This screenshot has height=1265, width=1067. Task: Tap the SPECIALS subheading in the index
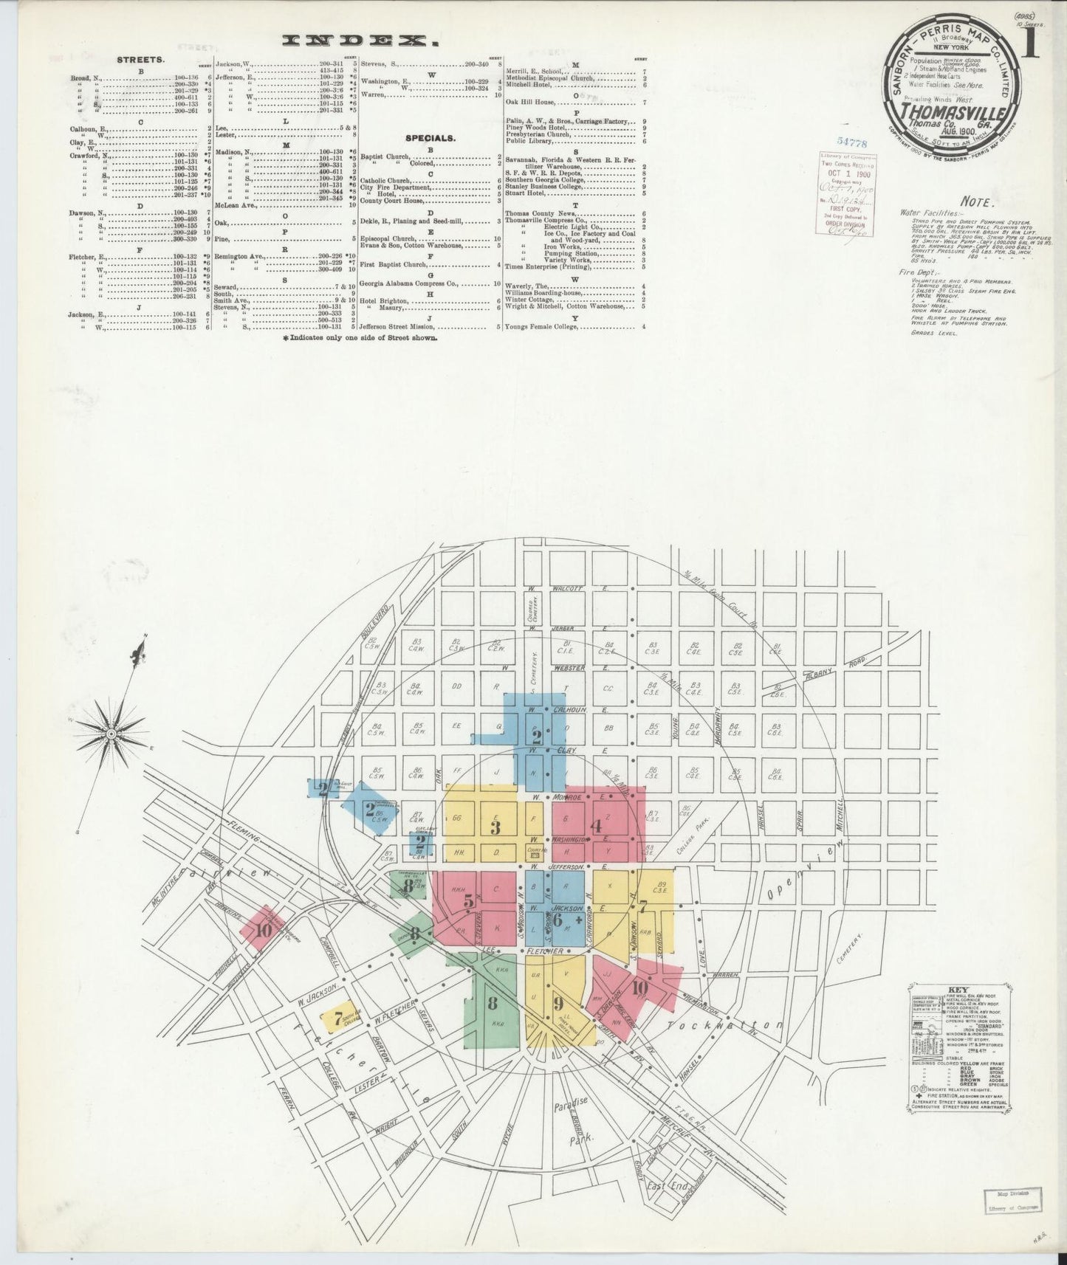pos(429,137)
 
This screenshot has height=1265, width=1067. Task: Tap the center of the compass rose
pos(110,733)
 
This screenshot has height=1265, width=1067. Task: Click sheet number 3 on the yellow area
pos(495,827)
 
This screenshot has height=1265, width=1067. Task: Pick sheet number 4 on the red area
pos(597,827)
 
